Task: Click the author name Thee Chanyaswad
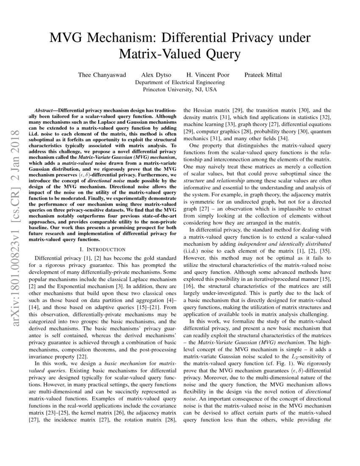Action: tap(102, 75)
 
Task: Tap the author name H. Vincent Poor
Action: tap(208, 75)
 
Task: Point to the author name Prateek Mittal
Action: tap(263, 75)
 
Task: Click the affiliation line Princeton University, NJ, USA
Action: tap(180, 90)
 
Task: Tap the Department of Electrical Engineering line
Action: tap(180, 83)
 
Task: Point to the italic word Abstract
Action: tap(45, 109)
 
